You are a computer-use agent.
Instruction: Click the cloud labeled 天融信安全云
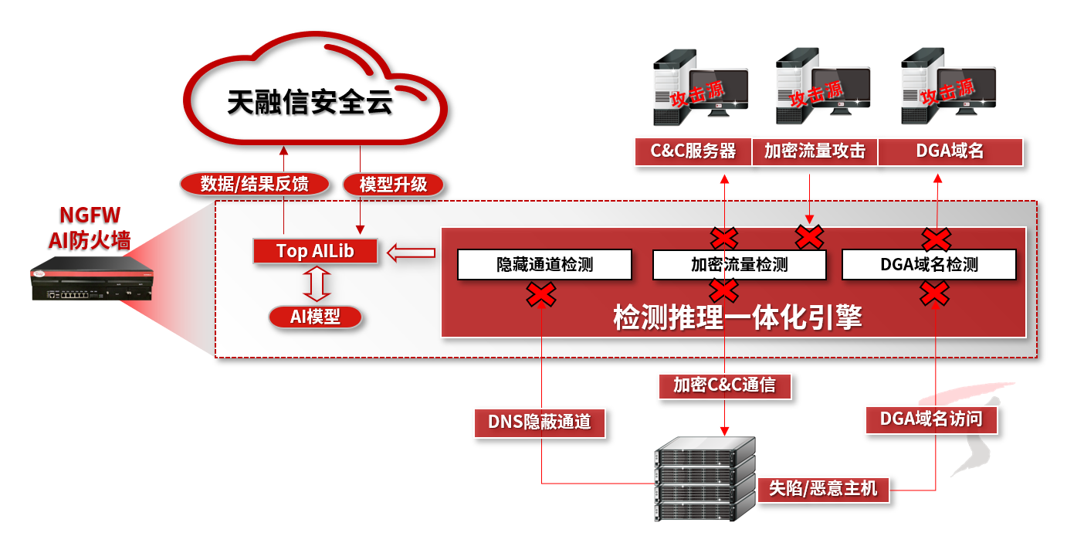pyautogui.click(x=311, y=100)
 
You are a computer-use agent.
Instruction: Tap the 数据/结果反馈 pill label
pyautogui.click(x=255, y=185)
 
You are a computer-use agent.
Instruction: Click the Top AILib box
pyautogui.click(x=315, y=251)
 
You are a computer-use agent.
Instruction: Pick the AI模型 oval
pyautogui.click(x=316, y=317)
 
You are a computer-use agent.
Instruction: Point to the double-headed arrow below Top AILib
pyautogui.click(x=316, y=284)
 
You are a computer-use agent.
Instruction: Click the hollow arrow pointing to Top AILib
pyautogui.click(x=411, y=252)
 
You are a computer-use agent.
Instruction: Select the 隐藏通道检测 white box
pyautogui.click(x=544, y=264)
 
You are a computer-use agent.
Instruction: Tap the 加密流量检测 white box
pyautogui.click(x=739, y=264)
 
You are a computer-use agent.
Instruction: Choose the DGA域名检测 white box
pyautogui.click(x=929, y=264)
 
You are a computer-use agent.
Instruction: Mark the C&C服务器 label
pyautogui.click(x=693, y=151)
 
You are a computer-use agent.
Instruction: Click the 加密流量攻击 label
pyautogui.click(x=815, y=151)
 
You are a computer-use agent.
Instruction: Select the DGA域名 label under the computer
pyautogui.click(x=950, y=151)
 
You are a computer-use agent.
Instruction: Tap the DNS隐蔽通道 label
pyautogui.click(x=539, y=422)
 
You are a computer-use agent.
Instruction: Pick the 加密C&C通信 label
pyautogui.click(x=724, y=385)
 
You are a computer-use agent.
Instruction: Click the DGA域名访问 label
pyautogui.click(x=931, y=419)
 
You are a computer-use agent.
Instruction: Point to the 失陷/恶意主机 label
pyautogui.click(x=823, y=489)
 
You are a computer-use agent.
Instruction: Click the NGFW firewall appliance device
pyautogui.click(x=91, y=283)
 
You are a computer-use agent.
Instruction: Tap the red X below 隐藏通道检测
pyautogui.click(x=541, y=294)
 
